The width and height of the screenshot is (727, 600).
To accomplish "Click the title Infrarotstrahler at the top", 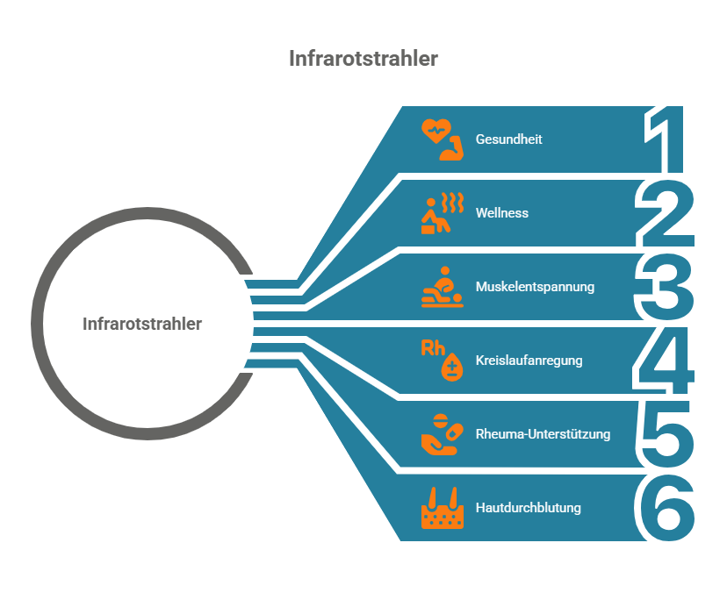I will click(x=363, y=59).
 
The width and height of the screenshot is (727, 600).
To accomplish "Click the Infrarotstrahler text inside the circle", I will click(x=142, y=324).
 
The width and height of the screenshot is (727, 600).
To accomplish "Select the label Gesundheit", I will click(x=508, y=139).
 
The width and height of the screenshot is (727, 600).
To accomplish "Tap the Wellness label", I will click(x=501, y=213).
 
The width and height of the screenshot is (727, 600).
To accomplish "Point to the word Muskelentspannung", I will click(x=535, y=287).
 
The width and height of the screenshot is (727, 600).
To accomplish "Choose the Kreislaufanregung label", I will click(x=529, y=361).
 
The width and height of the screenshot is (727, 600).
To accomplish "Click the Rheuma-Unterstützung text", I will click(x=543, y=434).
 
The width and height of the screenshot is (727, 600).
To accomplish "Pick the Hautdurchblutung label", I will click(x=528, y=508).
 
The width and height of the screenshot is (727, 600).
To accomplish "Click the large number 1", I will click(x=664, y=140).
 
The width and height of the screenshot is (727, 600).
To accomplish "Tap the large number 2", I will click(x=664, y=212).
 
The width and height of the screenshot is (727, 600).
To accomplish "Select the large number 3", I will click(x=664, y=287).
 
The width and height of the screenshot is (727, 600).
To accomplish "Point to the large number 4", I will click(x=664, y=360).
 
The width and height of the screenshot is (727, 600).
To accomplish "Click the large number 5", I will click(x=664, y=434).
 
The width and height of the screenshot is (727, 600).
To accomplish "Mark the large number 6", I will click(x=664, y=508).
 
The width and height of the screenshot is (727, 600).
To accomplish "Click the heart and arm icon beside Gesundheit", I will click(x=441, y=139).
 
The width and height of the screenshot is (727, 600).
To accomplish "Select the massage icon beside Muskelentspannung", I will click(x=441, y=287).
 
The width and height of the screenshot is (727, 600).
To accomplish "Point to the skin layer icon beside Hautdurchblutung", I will click(x=441, y=508).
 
